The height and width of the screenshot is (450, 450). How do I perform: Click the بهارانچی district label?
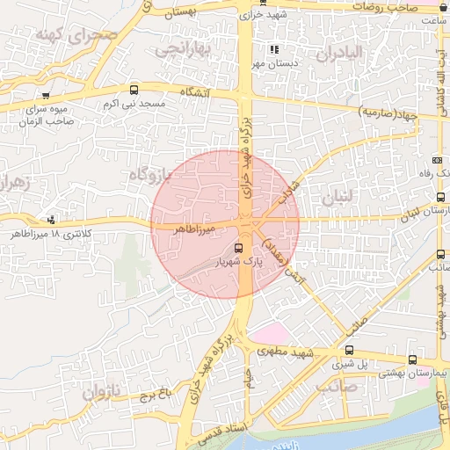click(x=185, y=50)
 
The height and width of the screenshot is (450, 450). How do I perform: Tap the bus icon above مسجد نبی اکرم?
click(x=134, y=90)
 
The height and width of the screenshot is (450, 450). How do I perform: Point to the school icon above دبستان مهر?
click(x=274, y=50)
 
